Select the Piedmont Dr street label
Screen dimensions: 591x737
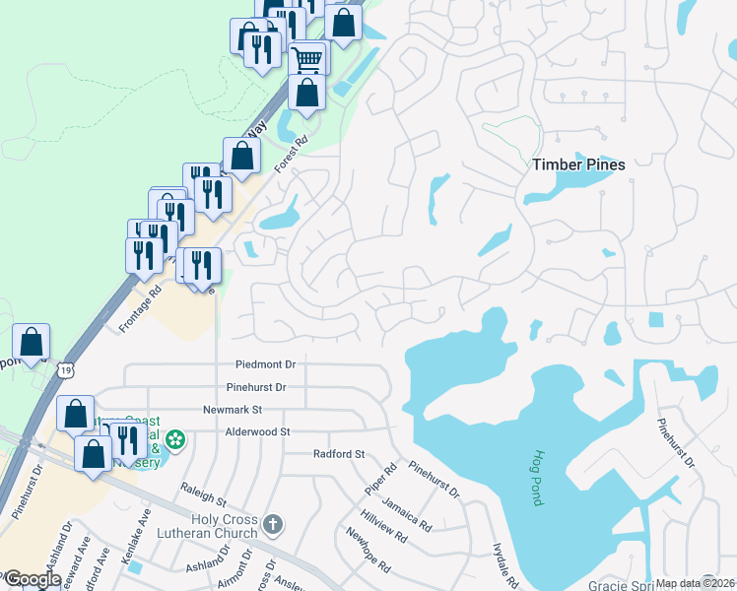pyautogui.click(x=265, y=365)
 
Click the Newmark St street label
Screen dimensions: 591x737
pyautogui.click(x=232, y=409)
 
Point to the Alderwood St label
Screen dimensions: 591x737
pyautogui.click(x=257, y=431)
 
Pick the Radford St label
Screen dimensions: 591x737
pyautogui.click(x=339, y=454)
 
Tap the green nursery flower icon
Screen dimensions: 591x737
pyautogui.click(x=175, y=438)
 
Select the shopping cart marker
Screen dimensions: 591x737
pyautogui.click(x=307, y=58)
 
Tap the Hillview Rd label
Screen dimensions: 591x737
pyautogui.click(x=383, y=528)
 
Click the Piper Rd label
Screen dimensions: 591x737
pyautogui.click(x=378, y=479)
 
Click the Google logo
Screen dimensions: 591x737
pyautogui.click(x=32, y=579)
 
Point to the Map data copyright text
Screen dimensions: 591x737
pyautogui.click(x=695, y=583)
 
